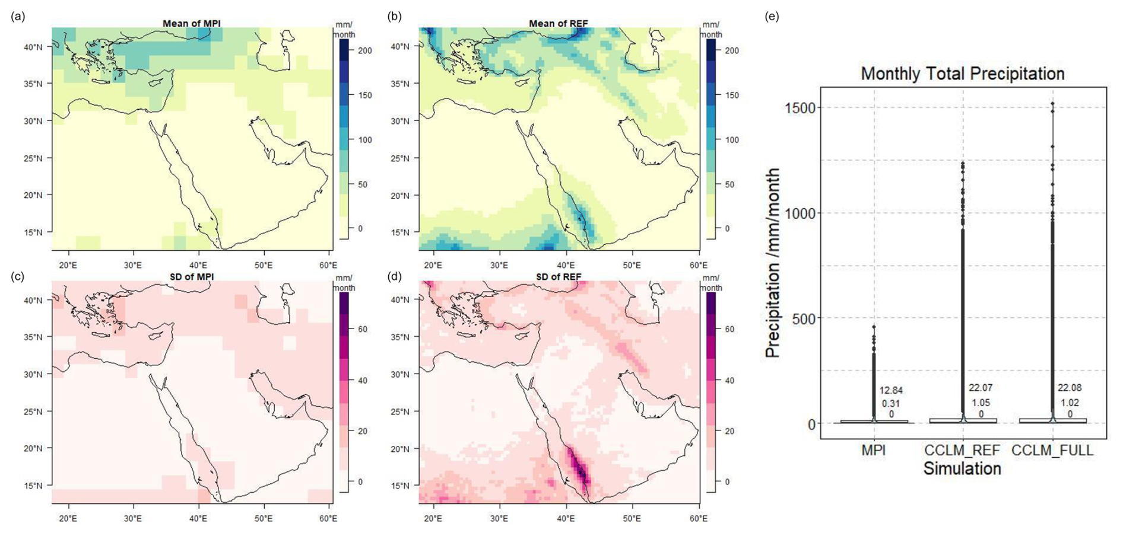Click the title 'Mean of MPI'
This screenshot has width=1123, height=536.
191,24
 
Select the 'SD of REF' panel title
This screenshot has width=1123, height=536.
558,277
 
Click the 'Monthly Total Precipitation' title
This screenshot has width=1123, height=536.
962,74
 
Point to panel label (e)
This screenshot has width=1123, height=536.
772,17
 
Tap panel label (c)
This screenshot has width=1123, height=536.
18,277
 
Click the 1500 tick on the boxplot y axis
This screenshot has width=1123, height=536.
800,108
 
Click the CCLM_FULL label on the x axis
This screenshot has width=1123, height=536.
1052,451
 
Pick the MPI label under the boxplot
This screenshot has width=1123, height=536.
874,451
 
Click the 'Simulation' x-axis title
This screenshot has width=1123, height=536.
962,469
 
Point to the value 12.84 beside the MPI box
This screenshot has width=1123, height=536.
890,391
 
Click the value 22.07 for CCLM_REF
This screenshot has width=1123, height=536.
980,388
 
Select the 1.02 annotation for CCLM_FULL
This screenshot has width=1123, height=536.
1069,403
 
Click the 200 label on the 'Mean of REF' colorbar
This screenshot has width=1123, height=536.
732,51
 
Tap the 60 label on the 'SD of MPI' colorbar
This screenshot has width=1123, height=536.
362,329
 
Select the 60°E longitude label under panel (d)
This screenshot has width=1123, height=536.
698,518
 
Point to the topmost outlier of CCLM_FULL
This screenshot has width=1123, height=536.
1052,104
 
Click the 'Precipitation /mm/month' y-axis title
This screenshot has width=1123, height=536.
772,263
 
